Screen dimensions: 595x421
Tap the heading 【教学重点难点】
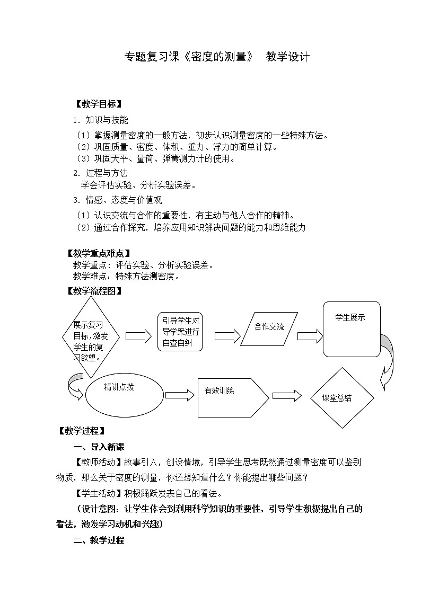(99, 254)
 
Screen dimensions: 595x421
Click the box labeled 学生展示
(352, 329)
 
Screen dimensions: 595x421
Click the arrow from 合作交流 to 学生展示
(310, 336)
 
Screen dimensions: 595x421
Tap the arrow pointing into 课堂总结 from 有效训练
(286, 396)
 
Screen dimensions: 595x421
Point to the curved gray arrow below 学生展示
(388, 366)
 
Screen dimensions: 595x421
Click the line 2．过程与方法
(101, 173)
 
